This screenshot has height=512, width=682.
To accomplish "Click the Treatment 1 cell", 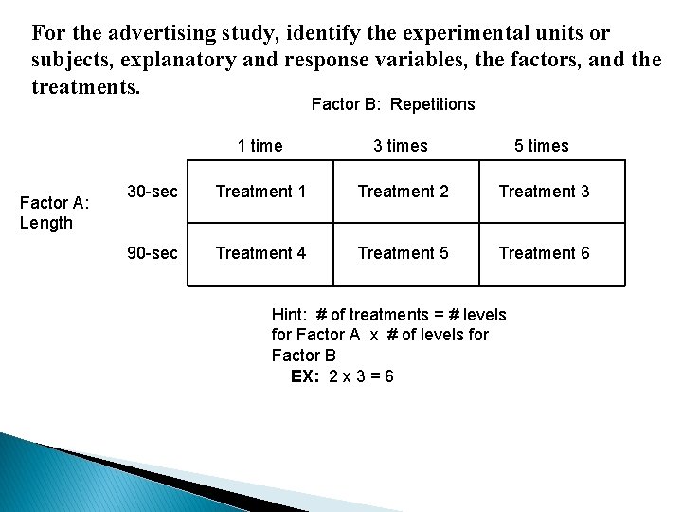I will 260,192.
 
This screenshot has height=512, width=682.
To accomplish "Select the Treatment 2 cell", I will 403,192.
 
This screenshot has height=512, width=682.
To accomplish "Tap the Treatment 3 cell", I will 544,192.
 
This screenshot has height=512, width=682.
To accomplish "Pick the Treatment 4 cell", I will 260,253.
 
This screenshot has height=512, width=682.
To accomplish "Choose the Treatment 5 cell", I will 403,253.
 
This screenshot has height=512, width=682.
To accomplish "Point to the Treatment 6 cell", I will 544,253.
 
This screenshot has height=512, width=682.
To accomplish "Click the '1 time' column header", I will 260,146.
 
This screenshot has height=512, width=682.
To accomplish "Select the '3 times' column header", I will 401,146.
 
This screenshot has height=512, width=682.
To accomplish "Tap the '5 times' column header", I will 542,146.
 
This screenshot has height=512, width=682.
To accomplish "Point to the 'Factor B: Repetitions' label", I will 393,104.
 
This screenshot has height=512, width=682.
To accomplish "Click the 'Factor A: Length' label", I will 53,212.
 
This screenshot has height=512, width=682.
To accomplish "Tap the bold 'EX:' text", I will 306,376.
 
